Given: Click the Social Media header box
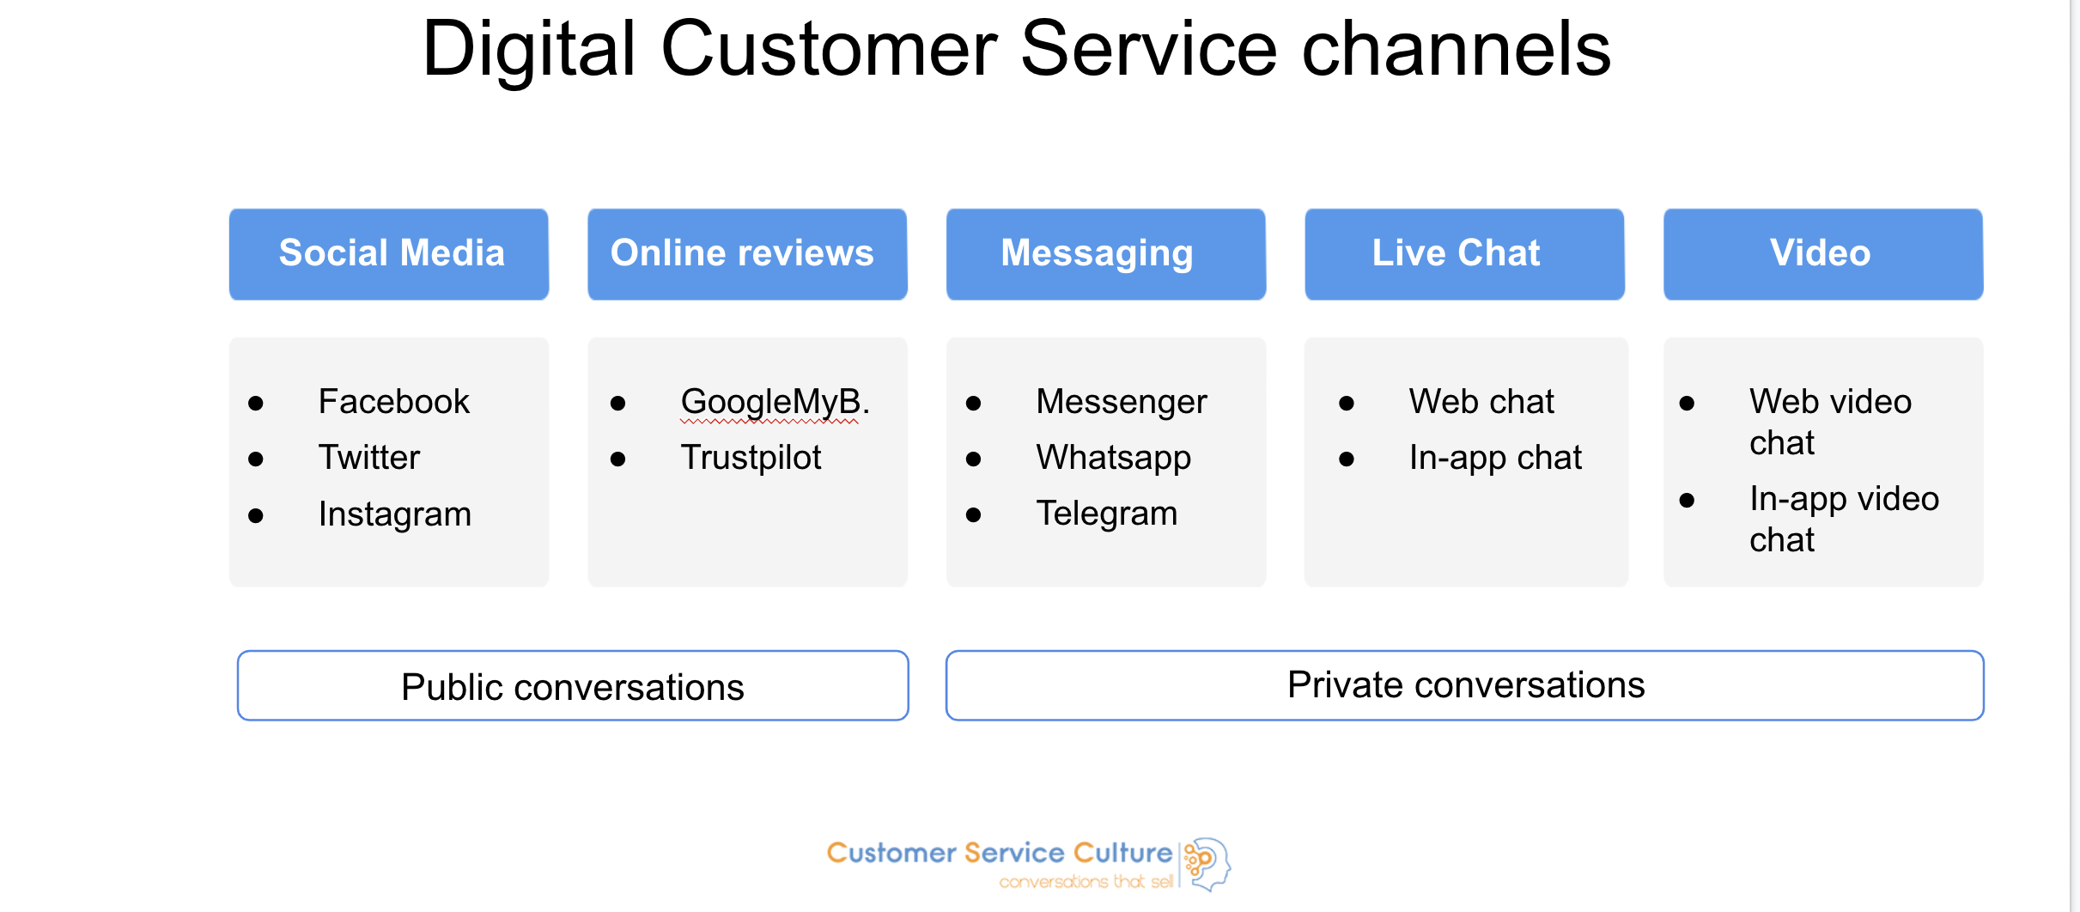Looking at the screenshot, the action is click(388, 254).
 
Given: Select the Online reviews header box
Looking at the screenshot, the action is click(747, 254).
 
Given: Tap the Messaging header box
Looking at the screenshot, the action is click(1106, 254).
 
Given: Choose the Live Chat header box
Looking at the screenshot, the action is click(1464, 254).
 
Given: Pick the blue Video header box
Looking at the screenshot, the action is click(1823, 254).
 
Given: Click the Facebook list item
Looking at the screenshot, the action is click(393, 401).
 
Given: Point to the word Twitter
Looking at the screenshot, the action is click(369, 457).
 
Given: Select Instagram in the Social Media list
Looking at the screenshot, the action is click(395, 514).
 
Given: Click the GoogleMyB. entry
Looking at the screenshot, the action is click(775, 402).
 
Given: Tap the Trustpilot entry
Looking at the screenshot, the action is click(751, 458).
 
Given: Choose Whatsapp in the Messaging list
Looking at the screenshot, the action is click(1113, 458).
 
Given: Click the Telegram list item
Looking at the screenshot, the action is click(1106, 514).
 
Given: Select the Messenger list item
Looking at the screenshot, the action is click(1121, 402).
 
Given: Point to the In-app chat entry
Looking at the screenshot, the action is click(1495, 458).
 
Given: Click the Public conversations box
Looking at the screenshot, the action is click(573, 685).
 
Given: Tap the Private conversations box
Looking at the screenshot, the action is click(1464, 685).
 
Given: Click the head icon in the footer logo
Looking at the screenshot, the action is click(1207, 864).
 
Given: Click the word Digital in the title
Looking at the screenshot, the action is click(529, 49).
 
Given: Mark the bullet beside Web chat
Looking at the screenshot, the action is click(1347, 404).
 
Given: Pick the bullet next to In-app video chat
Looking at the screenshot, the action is click(1687, 501).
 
